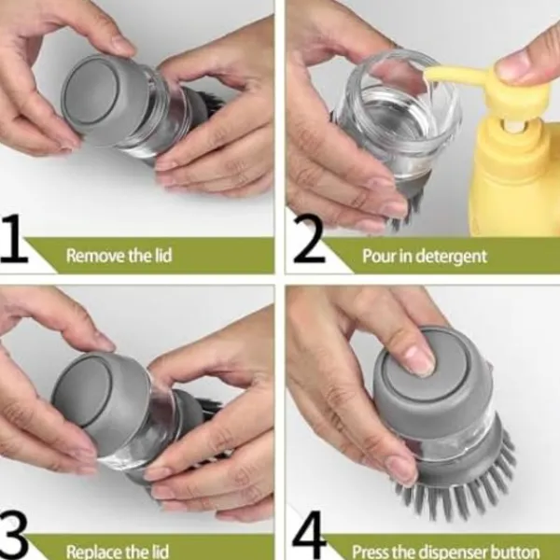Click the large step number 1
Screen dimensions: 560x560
pyautogui.click(x=14, y=238)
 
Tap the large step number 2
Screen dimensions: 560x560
pyautogui.click(x=309, y=239)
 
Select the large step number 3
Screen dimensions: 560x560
pyautogui.click(x=14, y=536)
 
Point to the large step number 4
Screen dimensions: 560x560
pyautogui.click(x=309, y=534)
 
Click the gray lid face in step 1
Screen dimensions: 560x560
pyautogui.click(x=90, y=92)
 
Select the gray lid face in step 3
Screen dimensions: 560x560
pyautogui.click(x=82, y=391)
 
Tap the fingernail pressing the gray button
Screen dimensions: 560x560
pyautogui.click(x=421, y=360)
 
